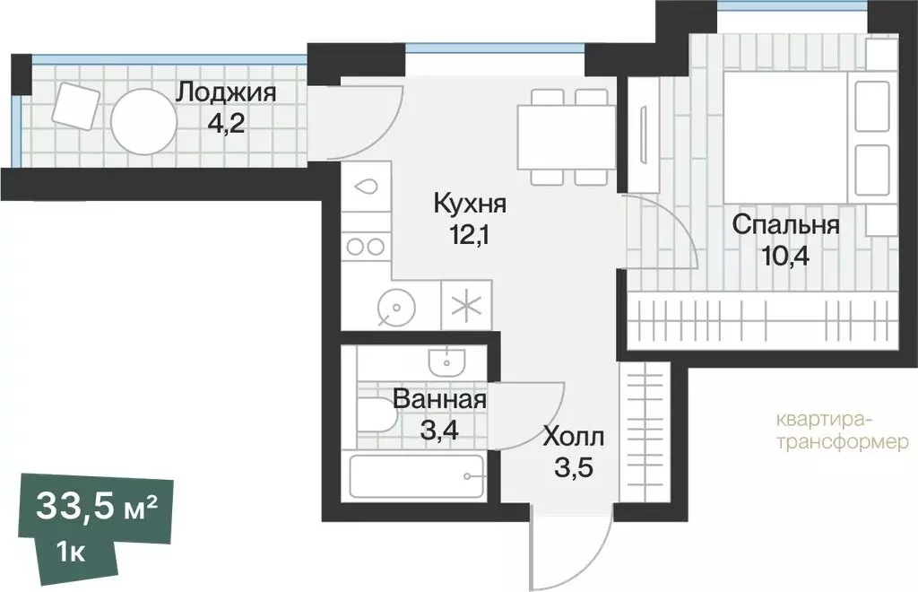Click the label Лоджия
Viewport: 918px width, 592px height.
point(226,91)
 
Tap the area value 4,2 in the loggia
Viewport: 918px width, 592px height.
point(226,121)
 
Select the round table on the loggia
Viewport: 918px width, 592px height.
point(143,122)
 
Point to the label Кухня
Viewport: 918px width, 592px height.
point(470,204)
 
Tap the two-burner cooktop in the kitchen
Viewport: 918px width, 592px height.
point(367,246)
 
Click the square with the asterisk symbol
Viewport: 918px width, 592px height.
point(465,306)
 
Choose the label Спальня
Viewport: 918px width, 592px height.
point(785,224)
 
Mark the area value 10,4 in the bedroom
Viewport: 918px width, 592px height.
point(785,256)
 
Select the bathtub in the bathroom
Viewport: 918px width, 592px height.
point(416,475)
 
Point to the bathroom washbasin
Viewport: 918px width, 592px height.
point(445,361)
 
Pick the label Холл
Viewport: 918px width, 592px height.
point(574,438)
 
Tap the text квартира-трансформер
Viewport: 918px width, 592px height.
point(842,430)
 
